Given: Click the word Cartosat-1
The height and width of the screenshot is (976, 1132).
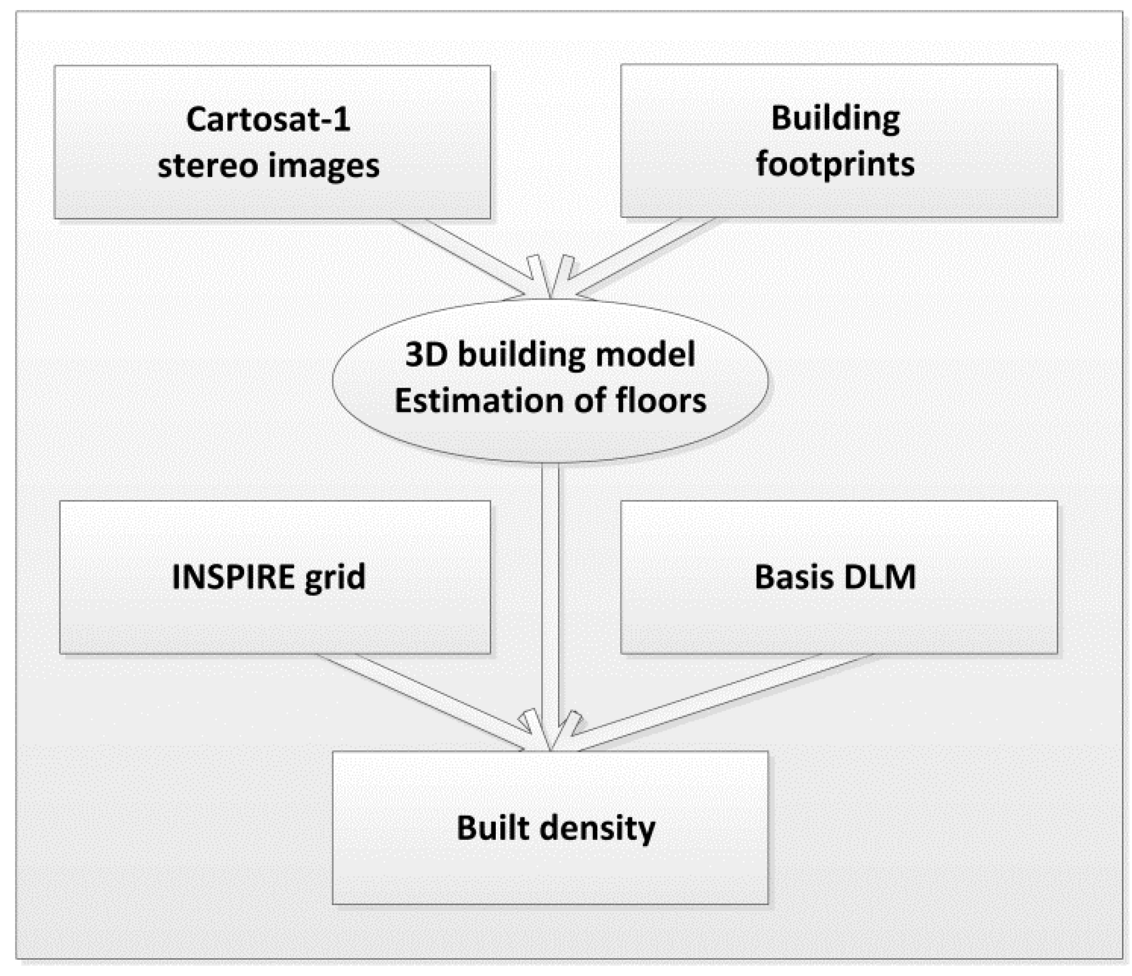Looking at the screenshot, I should (x=268, y=119).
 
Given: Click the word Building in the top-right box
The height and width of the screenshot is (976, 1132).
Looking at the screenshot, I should (x=835, y=118).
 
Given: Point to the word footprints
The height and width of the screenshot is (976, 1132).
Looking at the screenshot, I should (x=835, y=165).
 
